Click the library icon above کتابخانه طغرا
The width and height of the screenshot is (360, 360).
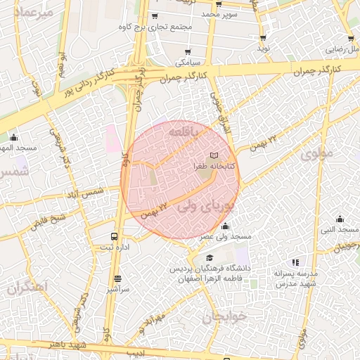(214, 154)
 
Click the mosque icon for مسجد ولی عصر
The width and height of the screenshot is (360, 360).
(225, 226)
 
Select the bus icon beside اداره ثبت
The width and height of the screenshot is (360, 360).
(114, 237)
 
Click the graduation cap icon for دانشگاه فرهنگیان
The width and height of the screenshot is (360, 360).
(211, 258)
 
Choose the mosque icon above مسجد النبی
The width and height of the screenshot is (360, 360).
(340, 218)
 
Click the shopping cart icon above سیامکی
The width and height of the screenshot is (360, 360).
(188, 51)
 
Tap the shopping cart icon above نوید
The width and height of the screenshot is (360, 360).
(263, 38)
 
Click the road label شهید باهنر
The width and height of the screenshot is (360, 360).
(67, 345)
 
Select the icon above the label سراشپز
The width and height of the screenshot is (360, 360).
(117, 279)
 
